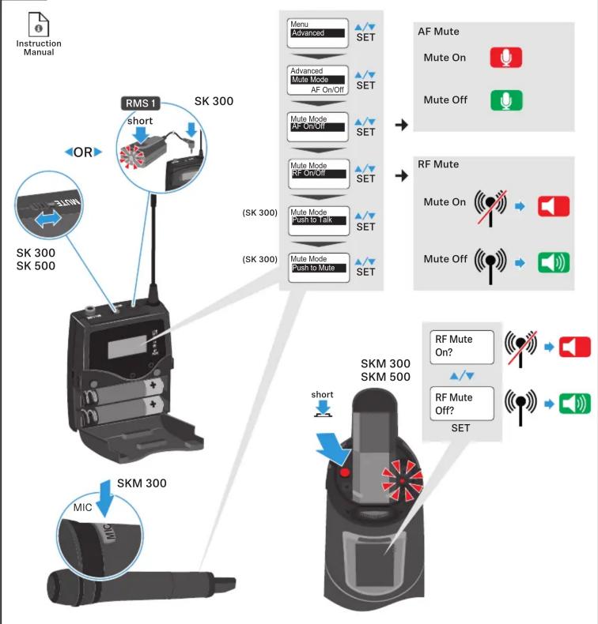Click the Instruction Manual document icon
click(39, 24)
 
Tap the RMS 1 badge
click(140, 103)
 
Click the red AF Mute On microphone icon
click(506, 58)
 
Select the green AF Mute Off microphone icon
click(506, 100)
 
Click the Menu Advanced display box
click(317, 33)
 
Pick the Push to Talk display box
click(319, 220)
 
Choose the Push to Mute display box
click(319, 268)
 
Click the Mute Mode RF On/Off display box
click(319, 174)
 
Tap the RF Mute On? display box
click(462, 347)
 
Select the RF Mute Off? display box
click(462, 403)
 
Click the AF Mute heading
click(438, 32)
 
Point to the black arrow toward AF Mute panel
click(402, 125)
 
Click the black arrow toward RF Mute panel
click(402, 175)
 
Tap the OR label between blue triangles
click(83, 152)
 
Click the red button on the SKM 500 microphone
click(345, 473)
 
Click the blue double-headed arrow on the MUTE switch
click(47, 219)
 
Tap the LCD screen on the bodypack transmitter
click(127, 346)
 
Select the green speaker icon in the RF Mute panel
click(554, 263)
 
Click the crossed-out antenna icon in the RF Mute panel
click(490, 207)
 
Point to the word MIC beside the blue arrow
click(82, 507)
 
